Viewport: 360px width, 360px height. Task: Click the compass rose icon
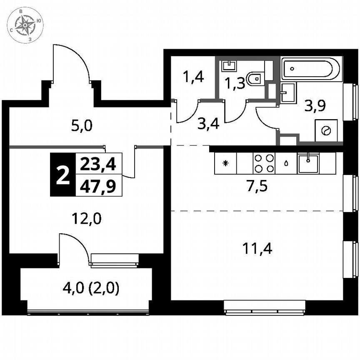(x=26, y=25)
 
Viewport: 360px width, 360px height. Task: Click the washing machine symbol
(x=325, y=131)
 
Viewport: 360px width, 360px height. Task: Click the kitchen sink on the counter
(x=308, y=163)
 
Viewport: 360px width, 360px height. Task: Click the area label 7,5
(x=257, y=186)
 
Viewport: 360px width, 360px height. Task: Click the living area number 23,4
(x=98, y=164)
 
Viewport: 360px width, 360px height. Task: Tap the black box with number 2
(x=62, y=175)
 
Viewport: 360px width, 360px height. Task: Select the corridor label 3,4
(x=209, y=124)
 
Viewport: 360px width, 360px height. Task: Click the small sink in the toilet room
(x=228, y=65)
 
